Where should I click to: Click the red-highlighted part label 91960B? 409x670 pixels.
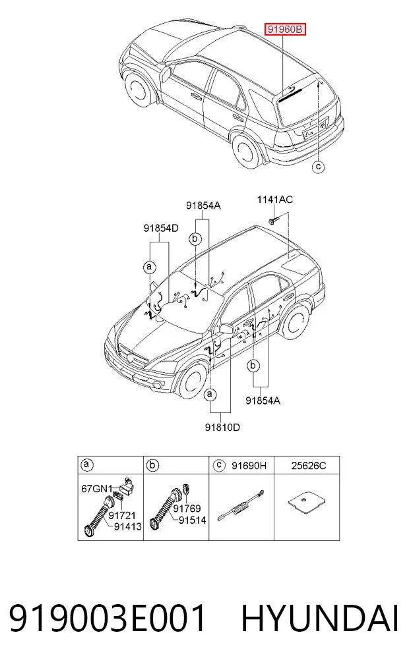(284, 30)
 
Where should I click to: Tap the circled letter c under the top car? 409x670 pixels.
(318, 166)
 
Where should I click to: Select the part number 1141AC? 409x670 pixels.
(274, 200)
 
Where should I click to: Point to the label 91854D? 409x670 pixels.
(160, 228)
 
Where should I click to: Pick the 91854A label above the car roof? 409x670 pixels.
(203, 206)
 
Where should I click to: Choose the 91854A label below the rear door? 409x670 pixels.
(263, 401)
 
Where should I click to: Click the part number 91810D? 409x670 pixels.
(222, 427)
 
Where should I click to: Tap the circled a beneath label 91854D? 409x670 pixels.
(149, 267)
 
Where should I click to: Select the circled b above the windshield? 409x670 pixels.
(195, 238)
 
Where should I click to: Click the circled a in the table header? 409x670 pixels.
(87, 465)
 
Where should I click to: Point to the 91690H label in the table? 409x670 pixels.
(249, 465)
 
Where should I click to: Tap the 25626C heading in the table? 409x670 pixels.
(309, 465)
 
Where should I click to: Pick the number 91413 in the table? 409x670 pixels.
(127, 527)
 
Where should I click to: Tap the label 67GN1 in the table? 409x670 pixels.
(97, 488)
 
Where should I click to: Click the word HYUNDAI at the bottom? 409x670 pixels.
(320, 619)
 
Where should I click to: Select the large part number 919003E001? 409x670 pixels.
(107, 619)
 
